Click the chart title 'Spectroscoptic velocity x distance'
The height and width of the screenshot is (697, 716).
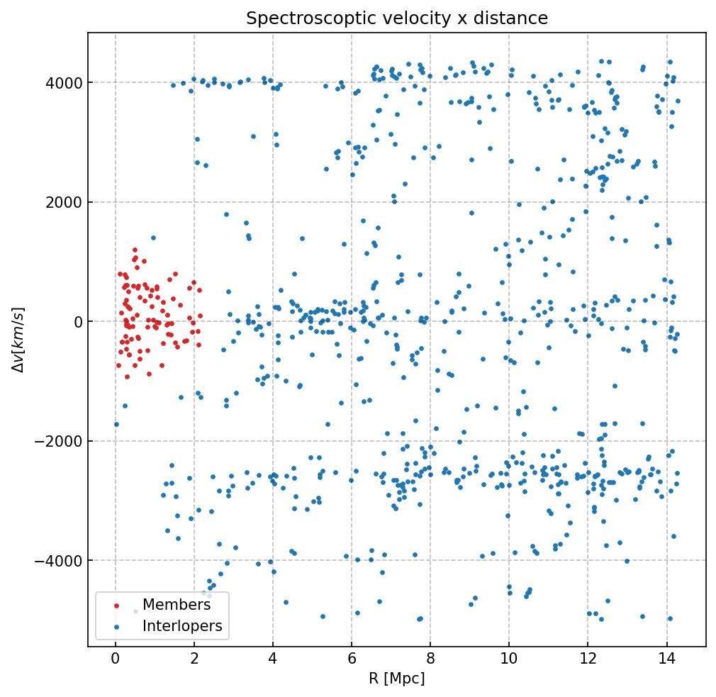point(397,18)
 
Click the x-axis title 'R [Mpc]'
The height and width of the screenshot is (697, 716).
point(396,679)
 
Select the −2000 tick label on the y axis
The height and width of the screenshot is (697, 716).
point(59,442)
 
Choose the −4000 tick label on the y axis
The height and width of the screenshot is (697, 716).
point(59,561)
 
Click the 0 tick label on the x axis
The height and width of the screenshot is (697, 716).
point(116,659)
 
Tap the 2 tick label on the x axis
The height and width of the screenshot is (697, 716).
point(194,659)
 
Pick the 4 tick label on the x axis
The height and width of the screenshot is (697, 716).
point(273,659)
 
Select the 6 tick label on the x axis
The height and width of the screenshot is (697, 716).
point(352,659)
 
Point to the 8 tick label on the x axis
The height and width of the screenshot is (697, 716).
point(430,659)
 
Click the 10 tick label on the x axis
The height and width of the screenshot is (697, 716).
point(509,659)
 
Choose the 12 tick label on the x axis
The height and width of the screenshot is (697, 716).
point(588,659)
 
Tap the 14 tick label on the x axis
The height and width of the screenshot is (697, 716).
point(666,659)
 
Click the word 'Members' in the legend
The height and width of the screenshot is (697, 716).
point(177,605)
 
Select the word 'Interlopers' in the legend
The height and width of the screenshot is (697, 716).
point(182,626)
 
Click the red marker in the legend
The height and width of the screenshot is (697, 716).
point(117,606)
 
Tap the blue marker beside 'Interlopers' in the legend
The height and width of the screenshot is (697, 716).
point(117,627)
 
